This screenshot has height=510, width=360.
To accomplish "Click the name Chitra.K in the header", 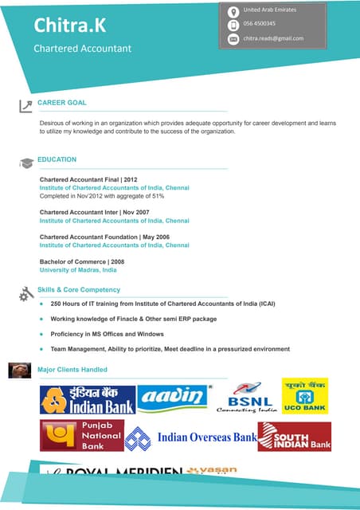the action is click(68, 25).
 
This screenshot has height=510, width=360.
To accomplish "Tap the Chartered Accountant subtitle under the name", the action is click(82, 49).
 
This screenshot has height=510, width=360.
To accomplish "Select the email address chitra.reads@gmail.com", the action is click(273, 38).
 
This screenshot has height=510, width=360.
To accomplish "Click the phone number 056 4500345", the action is click(260, 24).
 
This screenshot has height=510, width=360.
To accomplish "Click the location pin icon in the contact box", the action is click(233, 11).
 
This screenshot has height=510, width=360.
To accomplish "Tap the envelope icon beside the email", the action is click(233, 38).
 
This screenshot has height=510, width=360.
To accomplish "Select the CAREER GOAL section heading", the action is click(62, 103).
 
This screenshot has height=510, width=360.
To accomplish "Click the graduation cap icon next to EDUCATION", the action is click(26, 163).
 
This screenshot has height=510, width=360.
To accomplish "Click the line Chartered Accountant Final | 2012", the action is click(88, 180).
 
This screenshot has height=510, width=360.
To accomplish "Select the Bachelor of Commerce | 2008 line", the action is click(82, 261).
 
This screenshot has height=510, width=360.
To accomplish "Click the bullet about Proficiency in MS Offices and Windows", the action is click(107, 334).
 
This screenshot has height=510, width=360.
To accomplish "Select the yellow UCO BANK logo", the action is click(304, 395).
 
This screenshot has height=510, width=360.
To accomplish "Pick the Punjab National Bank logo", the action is click(82, 436).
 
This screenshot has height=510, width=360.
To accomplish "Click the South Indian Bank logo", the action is click(294, 437).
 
